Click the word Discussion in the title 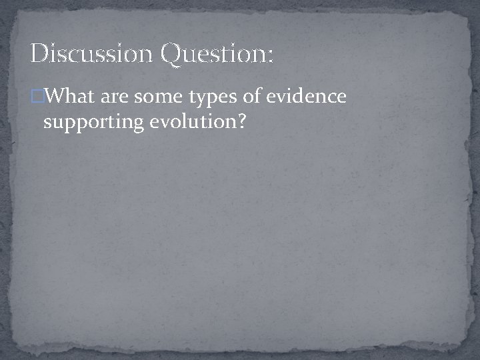(x=91, y=53)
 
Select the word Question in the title (x=212, y=54)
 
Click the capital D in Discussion (x=39, y=53)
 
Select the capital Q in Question (x=171, y=54)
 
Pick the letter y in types (x=201, y=100)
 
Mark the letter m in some (x=165, y=99)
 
